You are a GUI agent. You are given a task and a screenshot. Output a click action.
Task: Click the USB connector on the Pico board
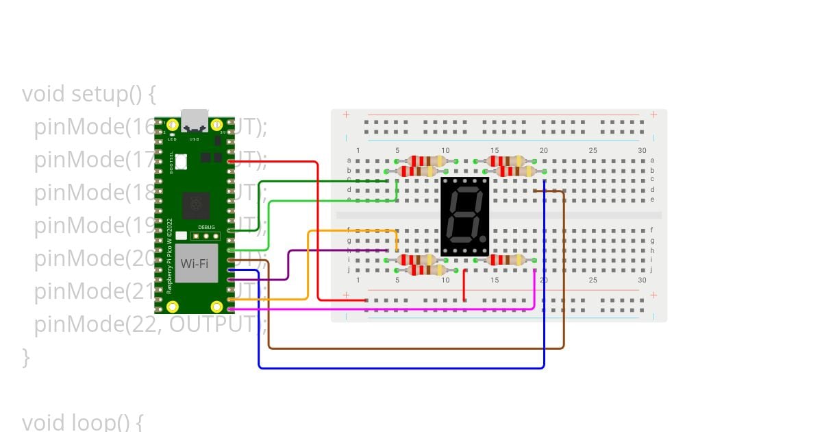click(194, 120)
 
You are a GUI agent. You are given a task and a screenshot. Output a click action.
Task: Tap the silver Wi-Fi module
click(196, 263)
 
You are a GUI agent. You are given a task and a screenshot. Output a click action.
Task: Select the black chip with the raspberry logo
click(197, 205)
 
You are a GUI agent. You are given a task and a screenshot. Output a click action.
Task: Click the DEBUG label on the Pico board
click(206, 227)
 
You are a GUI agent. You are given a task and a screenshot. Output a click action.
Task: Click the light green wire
click(329, 201)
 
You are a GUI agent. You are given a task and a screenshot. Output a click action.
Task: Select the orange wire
click(308, 267)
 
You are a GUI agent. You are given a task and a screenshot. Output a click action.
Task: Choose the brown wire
click(411, 348)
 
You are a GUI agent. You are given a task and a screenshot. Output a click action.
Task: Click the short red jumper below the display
click(464, 285)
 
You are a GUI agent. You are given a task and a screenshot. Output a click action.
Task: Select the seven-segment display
click(464, 216)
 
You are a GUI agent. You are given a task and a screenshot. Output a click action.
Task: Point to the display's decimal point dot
click(483, 239)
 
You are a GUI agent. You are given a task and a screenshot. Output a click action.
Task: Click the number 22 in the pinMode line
click(140, 324)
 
